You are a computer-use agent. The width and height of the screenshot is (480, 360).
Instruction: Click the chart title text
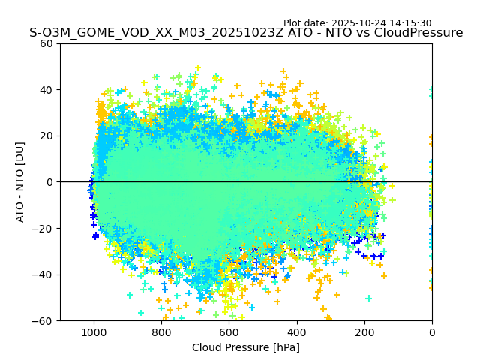246,33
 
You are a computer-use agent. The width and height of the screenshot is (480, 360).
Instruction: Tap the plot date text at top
357,23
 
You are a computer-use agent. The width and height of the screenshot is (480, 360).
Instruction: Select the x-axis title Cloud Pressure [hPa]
246,347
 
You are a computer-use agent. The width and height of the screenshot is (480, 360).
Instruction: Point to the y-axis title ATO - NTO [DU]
20,181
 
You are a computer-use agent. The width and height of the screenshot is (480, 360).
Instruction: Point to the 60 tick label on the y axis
47,43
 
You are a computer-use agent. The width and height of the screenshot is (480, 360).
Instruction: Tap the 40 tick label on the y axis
47,90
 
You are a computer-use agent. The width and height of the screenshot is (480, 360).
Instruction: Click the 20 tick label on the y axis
47,136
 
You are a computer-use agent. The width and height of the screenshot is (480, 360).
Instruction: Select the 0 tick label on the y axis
50,182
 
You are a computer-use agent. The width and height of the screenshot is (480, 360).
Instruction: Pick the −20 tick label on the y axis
44,228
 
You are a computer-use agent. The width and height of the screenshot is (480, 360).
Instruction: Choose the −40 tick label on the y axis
44,274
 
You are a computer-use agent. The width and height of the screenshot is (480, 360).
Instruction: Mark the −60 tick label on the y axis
44,320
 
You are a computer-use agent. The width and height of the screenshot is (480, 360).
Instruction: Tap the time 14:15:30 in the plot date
409,23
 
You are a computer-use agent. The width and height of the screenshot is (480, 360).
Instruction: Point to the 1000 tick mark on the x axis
94,322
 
